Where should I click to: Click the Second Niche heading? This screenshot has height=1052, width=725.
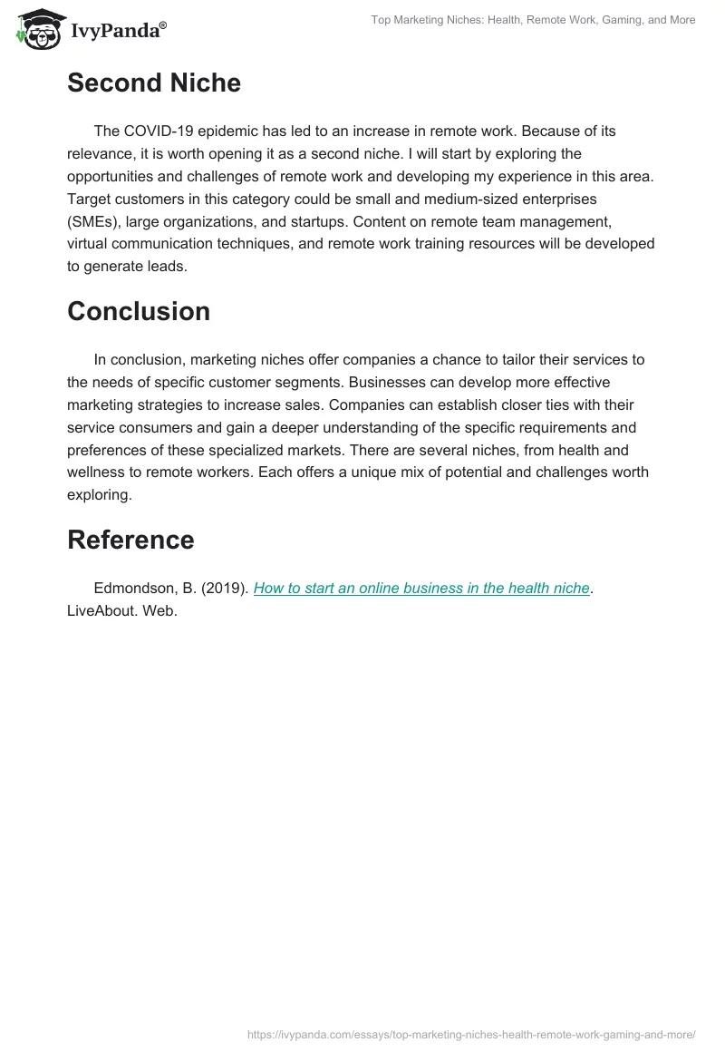coord(154,83)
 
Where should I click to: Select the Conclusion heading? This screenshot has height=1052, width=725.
coord(139,311)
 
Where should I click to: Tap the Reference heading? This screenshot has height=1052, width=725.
coord(130,540)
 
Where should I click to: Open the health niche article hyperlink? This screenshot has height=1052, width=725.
coord(421,588)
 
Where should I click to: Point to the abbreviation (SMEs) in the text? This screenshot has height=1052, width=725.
coord(96,222)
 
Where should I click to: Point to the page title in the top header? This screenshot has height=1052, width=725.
coord(533,20)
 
